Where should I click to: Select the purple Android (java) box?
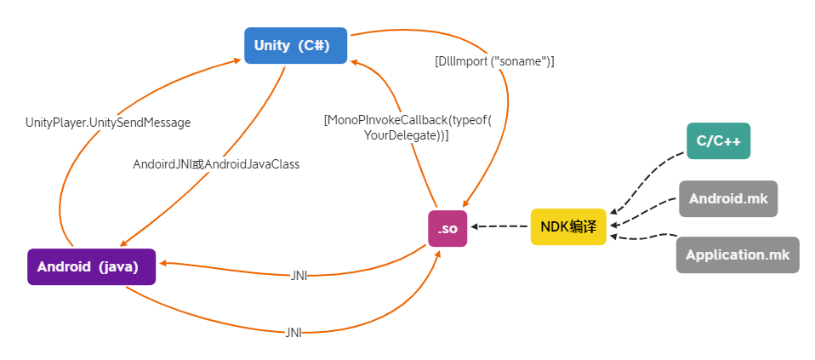(x=91, y=266)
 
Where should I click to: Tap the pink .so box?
(x=447, y=228)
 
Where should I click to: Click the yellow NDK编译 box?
(x=568, y=227)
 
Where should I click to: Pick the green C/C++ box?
(x=718, y=141)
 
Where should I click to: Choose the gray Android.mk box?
(x=728, y=198)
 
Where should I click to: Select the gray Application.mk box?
(x=738, y=255)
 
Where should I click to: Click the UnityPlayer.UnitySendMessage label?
(x=108, y=123)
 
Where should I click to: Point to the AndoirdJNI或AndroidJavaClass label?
(x=216, y=164)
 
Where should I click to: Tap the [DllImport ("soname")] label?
(x=494, y=61)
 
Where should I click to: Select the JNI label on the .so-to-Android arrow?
(x=299, y=276)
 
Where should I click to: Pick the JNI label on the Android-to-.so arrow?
(x=294, y=333)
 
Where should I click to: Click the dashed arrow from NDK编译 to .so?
(x=499, y=226)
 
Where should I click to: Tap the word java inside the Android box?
(x=117, y=266)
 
